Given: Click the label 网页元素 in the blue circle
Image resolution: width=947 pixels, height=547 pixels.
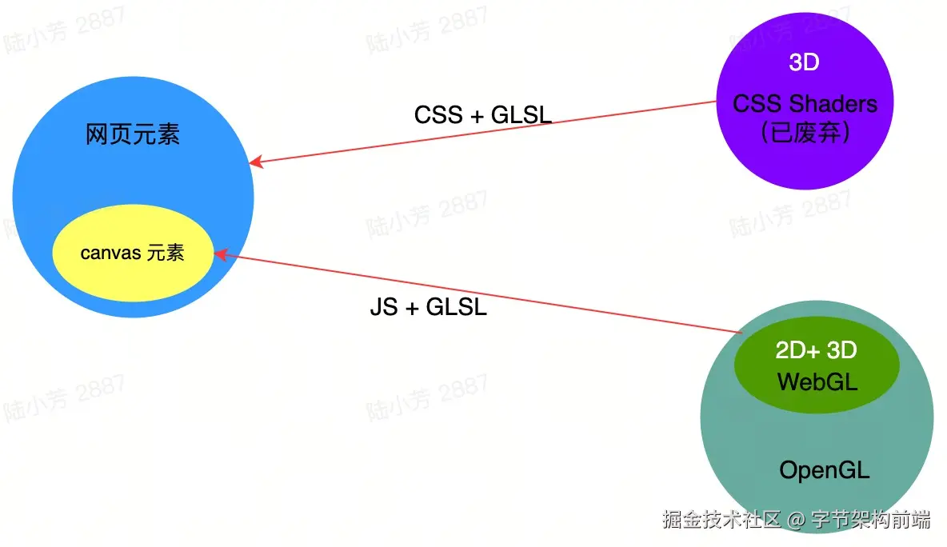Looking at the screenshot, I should (x=133, y=135).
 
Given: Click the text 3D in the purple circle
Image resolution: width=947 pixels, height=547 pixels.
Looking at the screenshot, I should (x=804, y=62).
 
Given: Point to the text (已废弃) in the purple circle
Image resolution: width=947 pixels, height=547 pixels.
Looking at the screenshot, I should (x=805, y=133).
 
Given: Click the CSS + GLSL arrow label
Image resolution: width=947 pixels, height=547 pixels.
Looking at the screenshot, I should (x=483, y=115).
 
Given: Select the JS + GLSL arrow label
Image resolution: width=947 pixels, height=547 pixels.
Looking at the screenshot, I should (x=428, y=307).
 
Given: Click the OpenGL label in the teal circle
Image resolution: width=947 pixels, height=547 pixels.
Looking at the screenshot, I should (x=824, y=470).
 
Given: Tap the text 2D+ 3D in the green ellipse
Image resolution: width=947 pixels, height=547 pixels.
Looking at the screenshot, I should (x=816, y=350).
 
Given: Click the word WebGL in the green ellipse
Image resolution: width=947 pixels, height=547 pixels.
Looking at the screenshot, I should (x=817, y=381).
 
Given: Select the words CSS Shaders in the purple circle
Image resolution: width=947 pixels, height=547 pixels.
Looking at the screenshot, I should (x=805, y=104).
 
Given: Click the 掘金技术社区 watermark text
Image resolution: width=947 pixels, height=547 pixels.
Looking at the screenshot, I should (x=721, y=520).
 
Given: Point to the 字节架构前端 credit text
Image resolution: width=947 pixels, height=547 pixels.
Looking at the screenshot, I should (x=871, y=520).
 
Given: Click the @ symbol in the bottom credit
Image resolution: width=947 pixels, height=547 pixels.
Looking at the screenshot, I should (x=795, y=521).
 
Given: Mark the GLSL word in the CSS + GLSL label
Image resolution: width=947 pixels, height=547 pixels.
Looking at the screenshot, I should (x=521, y=115).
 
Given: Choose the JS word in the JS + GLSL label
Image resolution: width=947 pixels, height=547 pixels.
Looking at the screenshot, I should (x=383, y=307).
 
